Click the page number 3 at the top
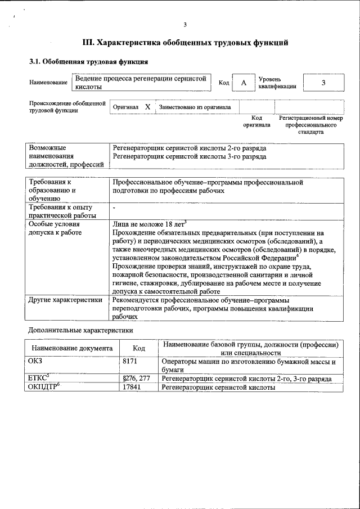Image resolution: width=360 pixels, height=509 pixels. pos(184,24)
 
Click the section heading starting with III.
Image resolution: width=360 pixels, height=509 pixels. pos(185,42)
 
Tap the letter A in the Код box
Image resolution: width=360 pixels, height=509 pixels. pos(244,83)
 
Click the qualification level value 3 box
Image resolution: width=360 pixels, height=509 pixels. pos(323,83)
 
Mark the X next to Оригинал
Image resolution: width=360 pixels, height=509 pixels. pos(147,106)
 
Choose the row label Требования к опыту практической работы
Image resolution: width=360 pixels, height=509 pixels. pos(62,211)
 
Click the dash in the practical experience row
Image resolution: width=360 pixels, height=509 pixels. pos(114,208)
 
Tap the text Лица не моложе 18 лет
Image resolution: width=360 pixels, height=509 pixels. pos(149,223)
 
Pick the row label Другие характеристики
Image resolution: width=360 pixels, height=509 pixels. pos(65,300)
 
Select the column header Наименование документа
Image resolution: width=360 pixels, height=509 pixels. pos(72,348)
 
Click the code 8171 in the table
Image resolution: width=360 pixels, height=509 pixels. pos(130,362)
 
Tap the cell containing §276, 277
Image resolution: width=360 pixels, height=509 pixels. pos(136,379)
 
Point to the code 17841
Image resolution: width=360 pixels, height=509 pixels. pos(132,388)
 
